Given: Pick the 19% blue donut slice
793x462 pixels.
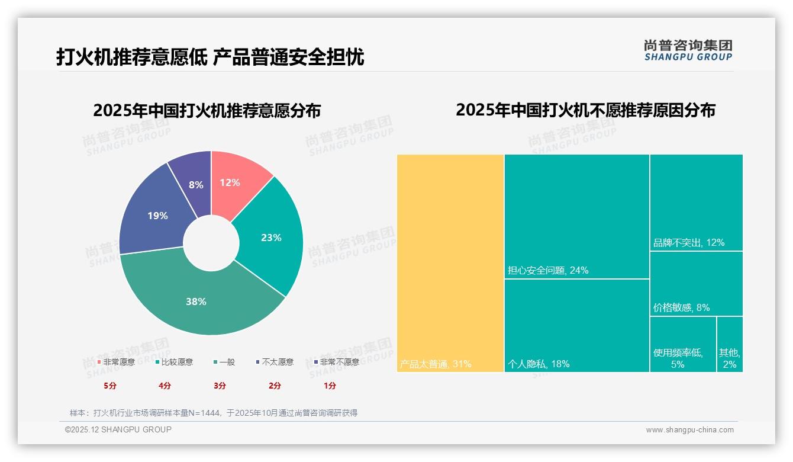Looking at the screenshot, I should click(155, 216).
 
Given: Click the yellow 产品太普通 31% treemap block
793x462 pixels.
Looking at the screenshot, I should click(450, 263).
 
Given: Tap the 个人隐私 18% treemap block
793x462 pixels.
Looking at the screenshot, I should click(576, 325).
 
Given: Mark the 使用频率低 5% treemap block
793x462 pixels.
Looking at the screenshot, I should click(682, 344).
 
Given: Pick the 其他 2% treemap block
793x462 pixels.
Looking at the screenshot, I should click(730, 344).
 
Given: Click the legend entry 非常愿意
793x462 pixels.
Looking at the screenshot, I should click(116, 362).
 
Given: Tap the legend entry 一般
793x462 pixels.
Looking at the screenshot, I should click(224, 362).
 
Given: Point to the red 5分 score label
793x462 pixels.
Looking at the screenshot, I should click(110, 386).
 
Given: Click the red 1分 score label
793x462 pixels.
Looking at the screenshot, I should click(330, 386).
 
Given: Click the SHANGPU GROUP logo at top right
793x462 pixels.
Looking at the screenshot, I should click(688, 50).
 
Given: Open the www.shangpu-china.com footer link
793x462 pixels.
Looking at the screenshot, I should click(689, 430).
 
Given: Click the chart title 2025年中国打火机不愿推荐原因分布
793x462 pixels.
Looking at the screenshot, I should click(585, 110).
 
